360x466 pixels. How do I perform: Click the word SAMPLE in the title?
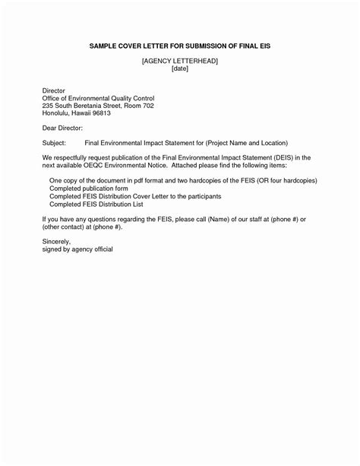point(104,47)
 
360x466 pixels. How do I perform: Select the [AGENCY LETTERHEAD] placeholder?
point(179,61)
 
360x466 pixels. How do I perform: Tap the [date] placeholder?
point(179,68)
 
